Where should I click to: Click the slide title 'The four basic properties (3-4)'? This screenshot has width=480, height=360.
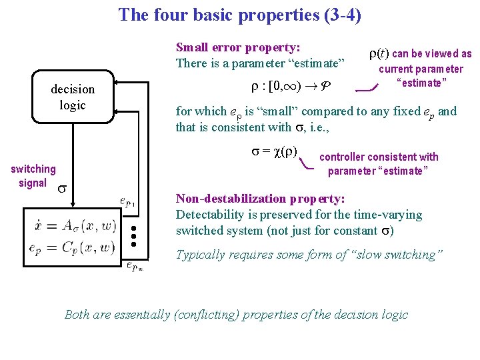click(240, 15)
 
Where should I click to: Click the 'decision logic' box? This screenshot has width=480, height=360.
click(73, 97)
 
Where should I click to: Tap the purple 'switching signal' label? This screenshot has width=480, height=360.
click(33, 176)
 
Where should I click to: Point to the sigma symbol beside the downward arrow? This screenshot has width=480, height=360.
click(61, 188)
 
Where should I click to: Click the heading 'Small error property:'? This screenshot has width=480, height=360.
click(237, 47)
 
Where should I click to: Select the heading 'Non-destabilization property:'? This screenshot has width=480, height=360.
click(260, 199)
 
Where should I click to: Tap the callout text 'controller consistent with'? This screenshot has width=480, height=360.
click(379, 157)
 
